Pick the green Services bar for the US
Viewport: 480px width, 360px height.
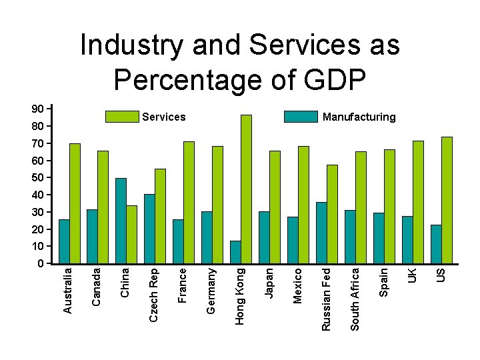447,199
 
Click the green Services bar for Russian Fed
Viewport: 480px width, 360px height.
332,213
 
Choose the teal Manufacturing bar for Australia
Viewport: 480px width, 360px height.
64,241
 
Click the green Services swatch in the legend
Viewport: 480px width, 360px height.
122,117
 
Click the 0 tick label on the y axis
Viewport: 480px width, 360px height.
41,263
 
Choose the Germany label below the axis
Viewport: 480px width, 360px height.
211,290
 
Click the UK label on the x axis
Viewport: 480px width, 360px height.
413,274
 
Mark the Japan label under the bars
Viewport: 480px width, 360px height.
269,283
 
